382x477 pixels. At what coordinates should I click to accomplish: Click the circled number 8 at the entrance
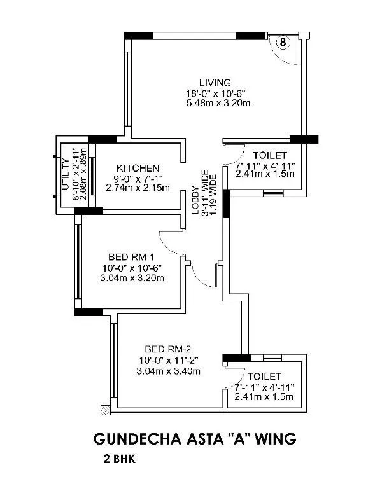point(283,42)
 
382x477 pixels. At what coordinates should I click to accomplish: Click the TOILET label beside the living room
point(271,155)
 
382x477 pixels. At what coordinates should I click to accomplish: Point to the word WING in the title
point(274,439)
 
